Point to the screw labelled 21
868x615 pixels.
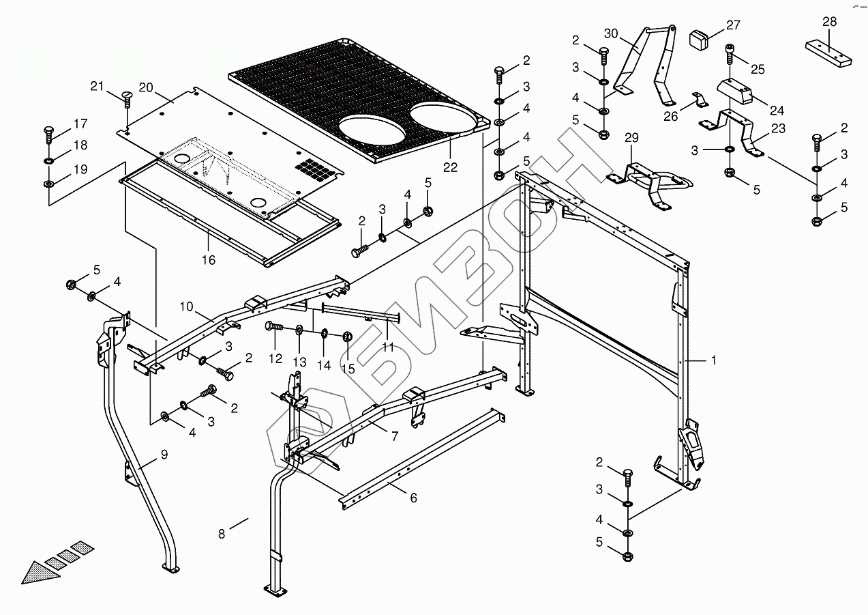pyautogui.click(x=127, y=98)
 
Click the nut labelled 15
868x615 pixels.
pyautogui.click(x=346, y=336)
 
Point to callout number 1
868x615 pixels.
pyautogui.click(x=714, y=361)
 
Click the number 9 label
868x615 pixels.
pyautogui.click(x=164, y=453)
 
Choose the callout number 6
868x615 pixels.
pyautogui.click(x=413, y=498)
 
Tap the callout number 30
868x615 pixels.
pyautogui.click(x=610, y=33)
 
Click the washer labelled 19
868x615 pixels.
pyautogui.click(x=48, y=184)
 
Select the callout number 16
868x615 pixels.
pyautogui.click(x=208, y=259)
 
